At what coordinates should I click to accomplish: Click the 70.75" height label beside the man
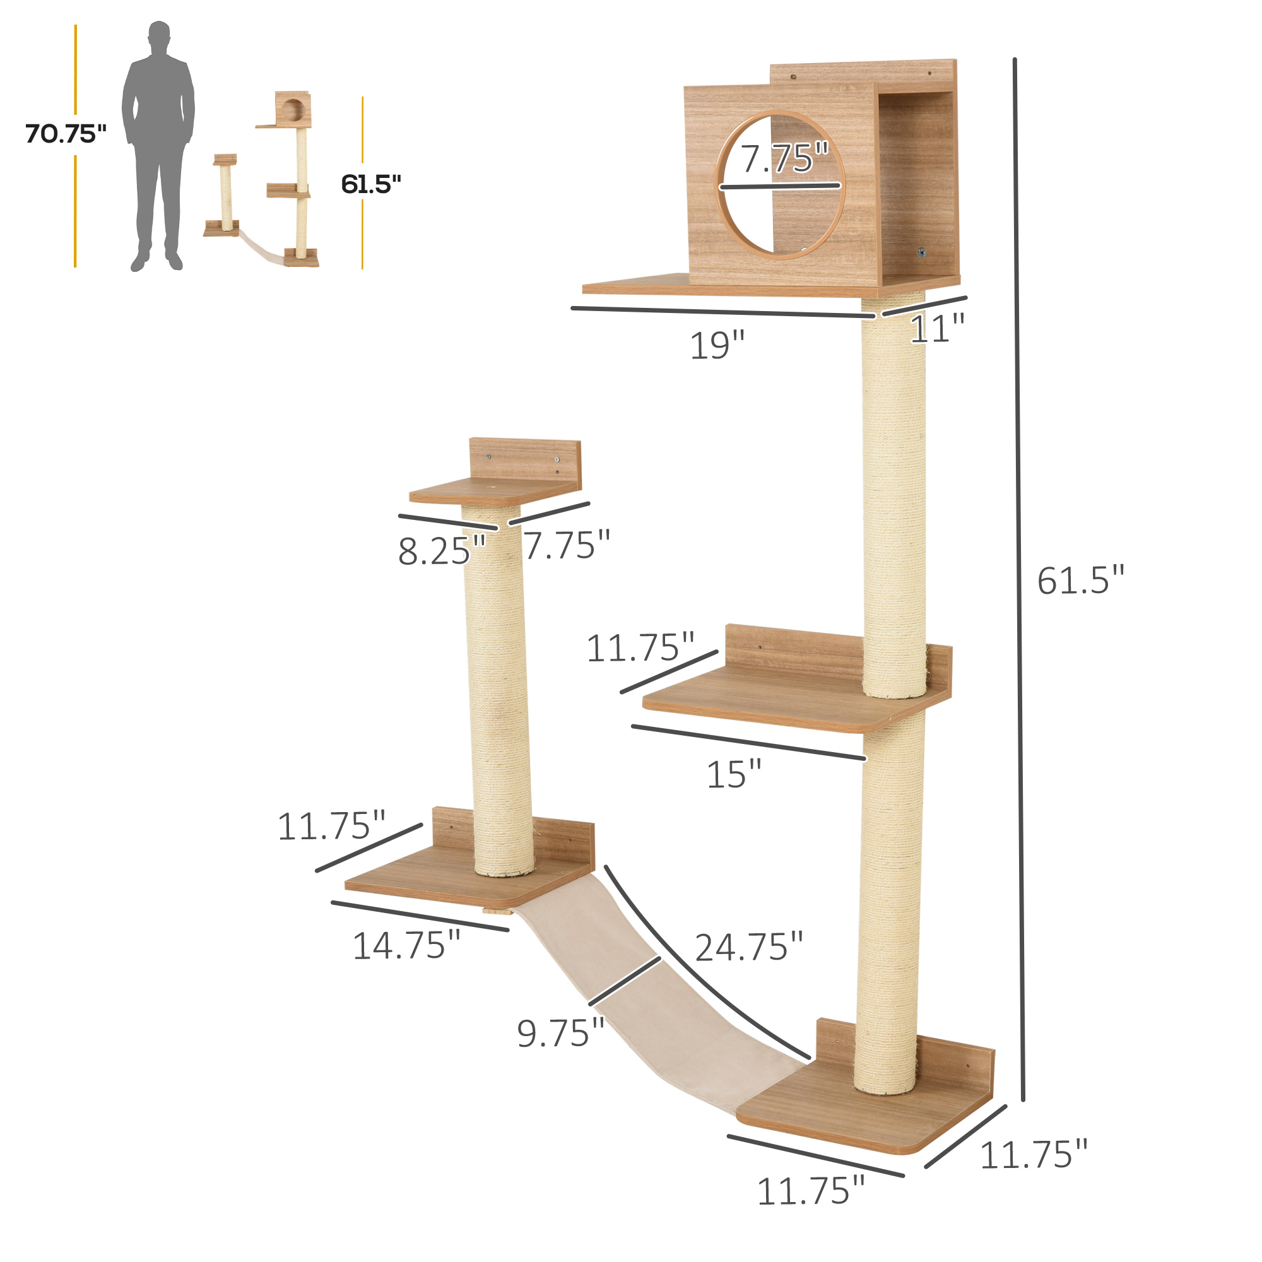66,134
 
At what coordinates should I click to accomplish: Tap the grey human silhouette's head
159,37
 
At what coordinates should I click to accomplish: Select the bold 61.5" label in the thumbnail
370,185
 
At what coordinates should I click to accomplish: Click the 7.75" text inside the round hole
783,158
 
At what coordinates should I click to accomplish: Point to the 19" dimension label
717,345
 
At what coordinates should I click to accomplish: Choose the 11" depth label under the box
936,329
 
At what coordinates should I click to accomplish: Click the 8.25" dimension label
442,551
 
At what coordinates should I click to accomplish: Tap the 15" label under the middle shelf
734,775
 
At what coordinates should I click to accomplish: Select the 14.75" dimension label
406,946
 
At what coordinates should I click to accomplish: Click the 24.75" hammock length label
748,947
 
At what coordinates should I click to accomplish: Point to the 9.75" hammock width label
560,1034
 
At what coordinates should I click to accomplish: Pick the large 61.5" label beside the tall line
1080,580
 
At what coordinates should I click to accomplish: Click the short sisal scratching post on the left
498,692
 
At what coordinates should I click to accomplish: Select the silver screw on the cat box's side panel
921,252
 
